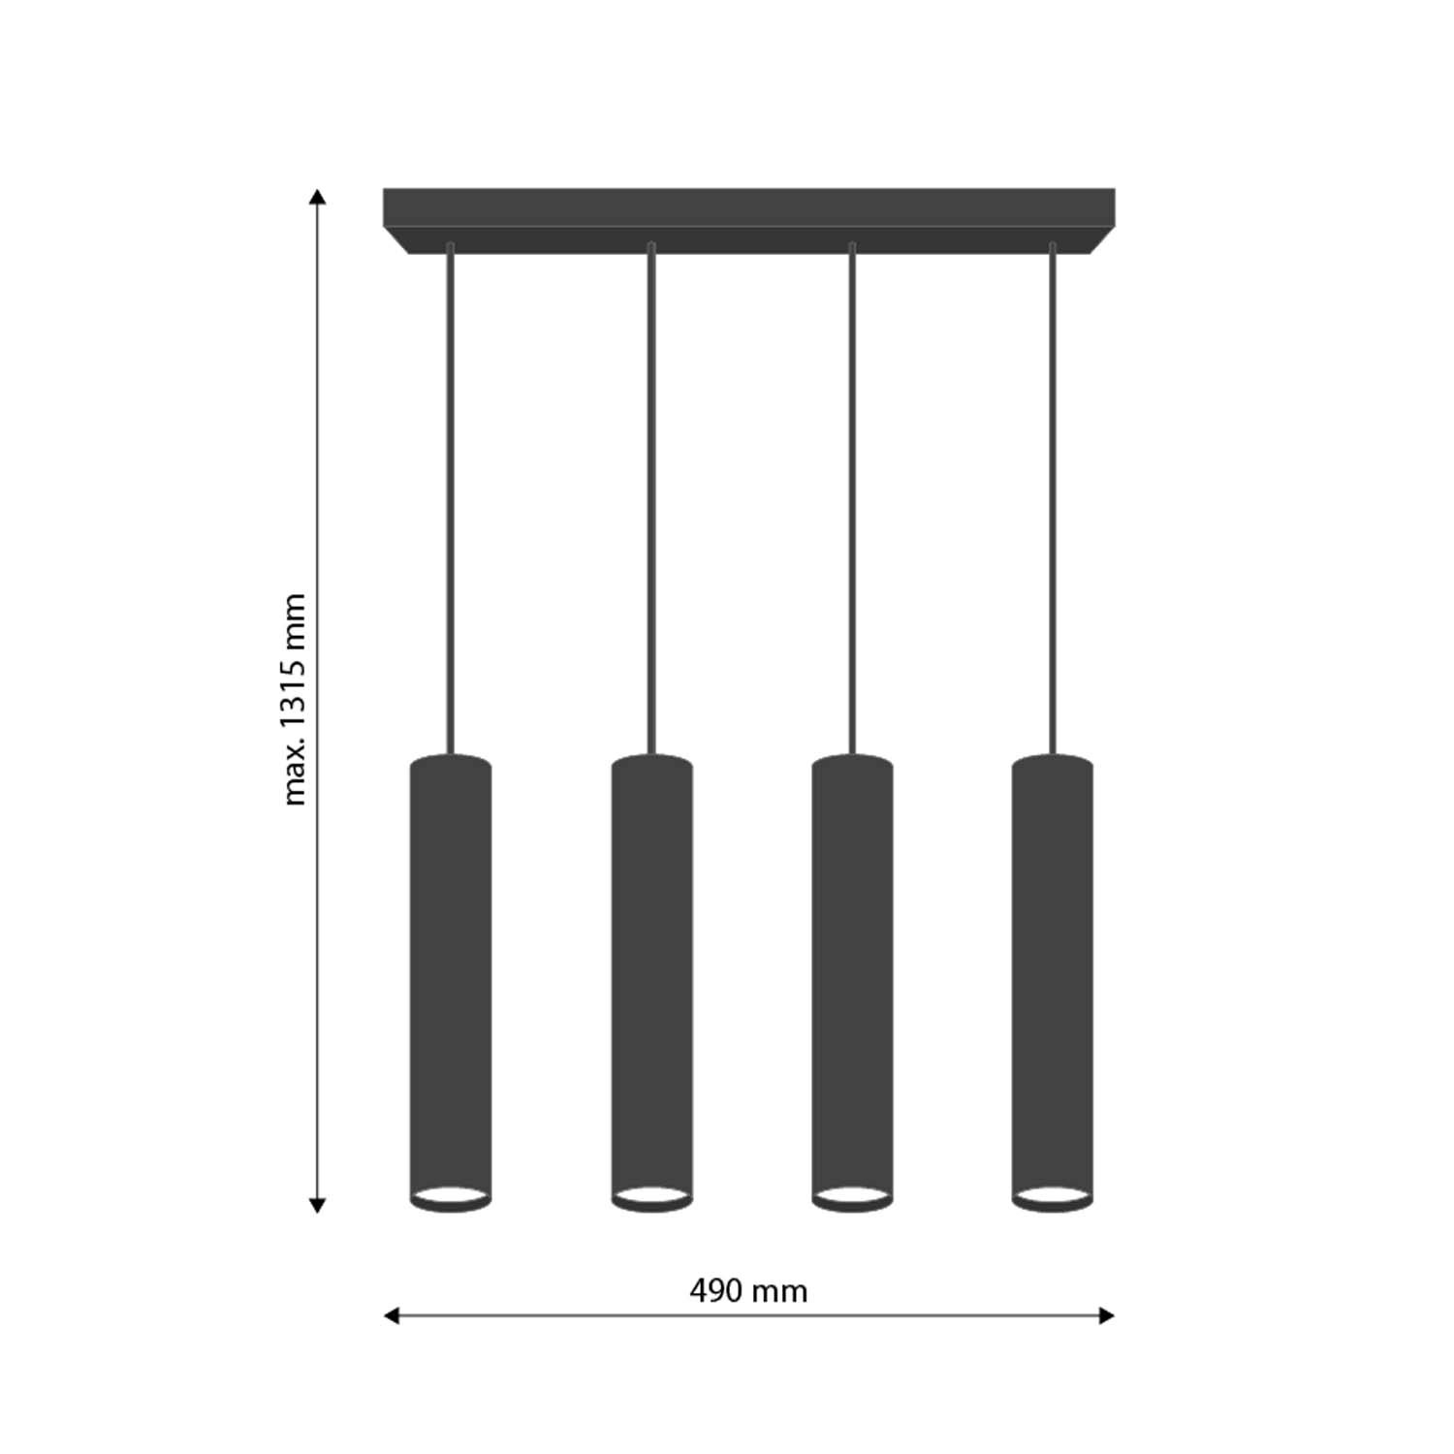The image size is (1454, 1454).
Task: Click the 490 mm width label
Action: click(x=748, y=1291)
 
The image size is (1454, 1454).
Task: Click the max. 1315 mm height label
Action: click(x=294, y=699)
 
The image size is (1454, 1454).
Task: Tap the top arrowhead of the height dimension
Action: click(x=317, y=197)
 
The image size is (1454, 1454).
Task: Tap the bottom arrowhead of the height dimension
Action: click(x=317, y=1206)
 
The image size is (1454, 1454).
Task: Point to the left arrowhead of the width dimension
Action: click(x=392, y=1315)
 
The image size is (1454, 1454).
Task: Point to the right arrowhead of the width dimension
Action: click(x=1107, y=1315)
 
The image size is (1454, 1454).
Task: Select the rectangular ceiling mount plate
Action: click(x=748, y=221)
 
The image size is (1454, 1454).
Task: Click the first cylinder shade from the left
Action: click(x=451, y=982)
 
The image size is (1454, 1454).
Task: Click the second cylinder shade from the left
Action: click(x=652, y=982)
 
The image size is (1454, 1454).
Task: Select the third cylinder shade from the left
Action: click(x=852, y=982)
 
